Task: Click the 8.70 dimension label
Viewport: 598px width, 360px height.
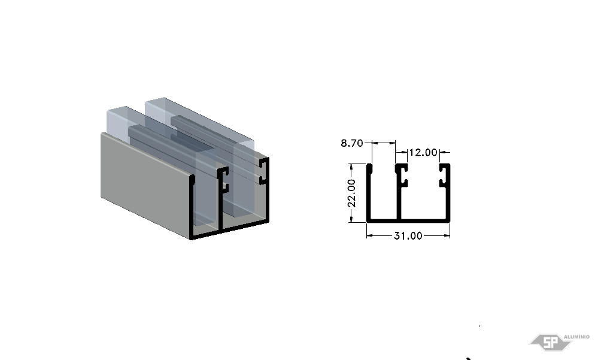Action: pos(351,143)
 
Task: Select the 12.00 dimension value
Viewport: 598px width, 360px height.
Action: pos(423,152)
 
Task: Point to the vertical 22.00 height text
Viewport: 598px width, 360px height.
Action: pos(351,193)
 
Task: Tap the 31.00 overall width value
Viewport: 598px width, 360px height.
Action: pos(408,236)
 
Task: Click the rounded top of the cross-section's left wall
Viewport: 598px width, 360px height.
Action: pos(369,167)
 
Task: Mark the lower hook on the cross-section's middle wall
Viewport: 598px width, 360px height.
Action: pos(404,183)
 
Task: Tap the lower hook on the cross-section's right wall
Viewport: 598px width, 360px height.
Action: pos(443,183)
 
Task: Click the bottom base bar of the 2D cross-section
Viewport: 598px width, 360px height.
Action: pos(408,220)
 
